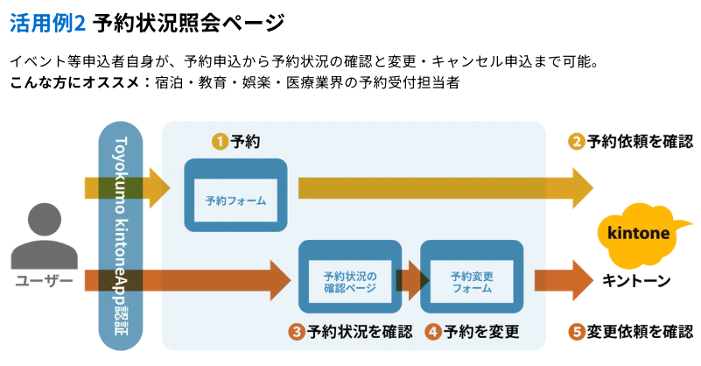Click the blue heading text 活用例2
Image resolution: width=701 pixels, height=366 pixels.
pyautogui.click(x=47, y=22)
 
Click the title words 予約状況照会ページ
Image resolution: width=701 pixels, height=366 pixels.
pyautogui.click(x=188, y=22)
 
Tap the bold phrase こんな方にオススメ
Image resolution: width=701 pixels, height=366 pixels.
pyautogui.click(x=77, y=83)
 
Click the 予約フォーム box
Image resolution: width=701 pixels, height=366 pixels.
pyautogui.click(x=235, y=195)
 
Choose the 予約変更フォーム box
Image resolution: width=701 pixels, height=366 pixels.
pyautogui.click(x=472, y=278)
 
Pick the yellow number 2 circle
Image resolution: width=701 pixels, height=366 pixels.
pyautogui.click(x=577, y=141)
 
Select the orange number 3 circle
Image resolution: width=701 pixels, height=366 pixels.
pyautogui.click(x=297, y=332)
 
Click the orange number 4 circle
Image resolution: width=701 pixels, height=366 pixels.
pyautogui.click(x=433, y=332)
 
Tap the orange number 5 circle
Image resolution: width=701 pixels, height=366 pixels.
pyautogui.click(x=577, y=332)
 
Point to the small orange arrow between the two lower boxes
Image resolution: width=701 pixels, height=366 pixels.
pyautogui.click(x=410, y=279)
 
